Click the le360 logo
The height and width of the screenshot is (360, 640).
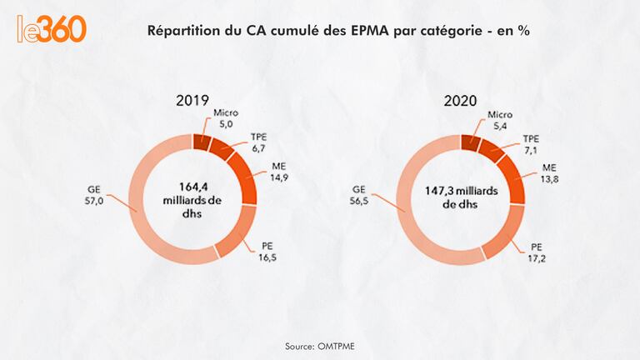point(51,28)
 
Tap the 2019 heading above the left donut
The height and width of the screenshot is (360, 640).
point(192,101)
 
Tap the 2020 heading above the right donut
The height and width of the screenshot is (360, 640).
point(460,101)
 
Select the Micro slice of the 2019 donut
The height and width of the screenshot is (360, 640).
point(202,141)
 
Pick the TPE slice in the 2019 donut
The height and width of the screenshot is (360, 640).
point(222,149)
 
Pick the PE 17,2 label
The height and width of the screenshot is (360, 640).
point(540,253)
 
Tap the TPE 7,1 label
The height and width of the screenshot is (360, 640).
point(531,145)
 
